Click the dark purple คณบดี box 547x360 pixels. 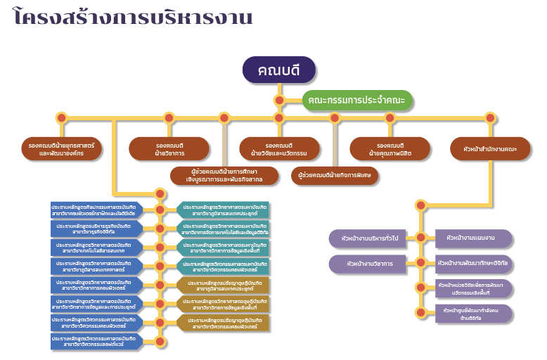point(279,70)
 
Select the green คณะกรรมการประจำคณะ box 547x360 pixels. point(357,101)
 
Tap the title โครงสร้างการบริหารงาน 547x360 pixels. point(134,17)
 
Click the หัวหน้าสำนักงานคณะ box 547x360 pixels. point(490,148)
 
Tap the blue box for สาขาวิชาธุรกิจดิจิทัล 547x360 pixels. point(96,228)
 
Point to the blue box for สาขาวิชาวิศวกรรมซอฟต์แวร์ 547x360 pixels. point(96,342)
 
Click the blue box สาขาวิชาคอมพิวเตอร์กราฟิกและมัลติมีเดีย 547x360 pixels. point(96,210)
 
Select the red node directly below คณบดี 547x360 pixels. point(279,100)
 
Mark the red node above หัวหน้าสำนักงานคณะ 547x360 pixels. point(490,117)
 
